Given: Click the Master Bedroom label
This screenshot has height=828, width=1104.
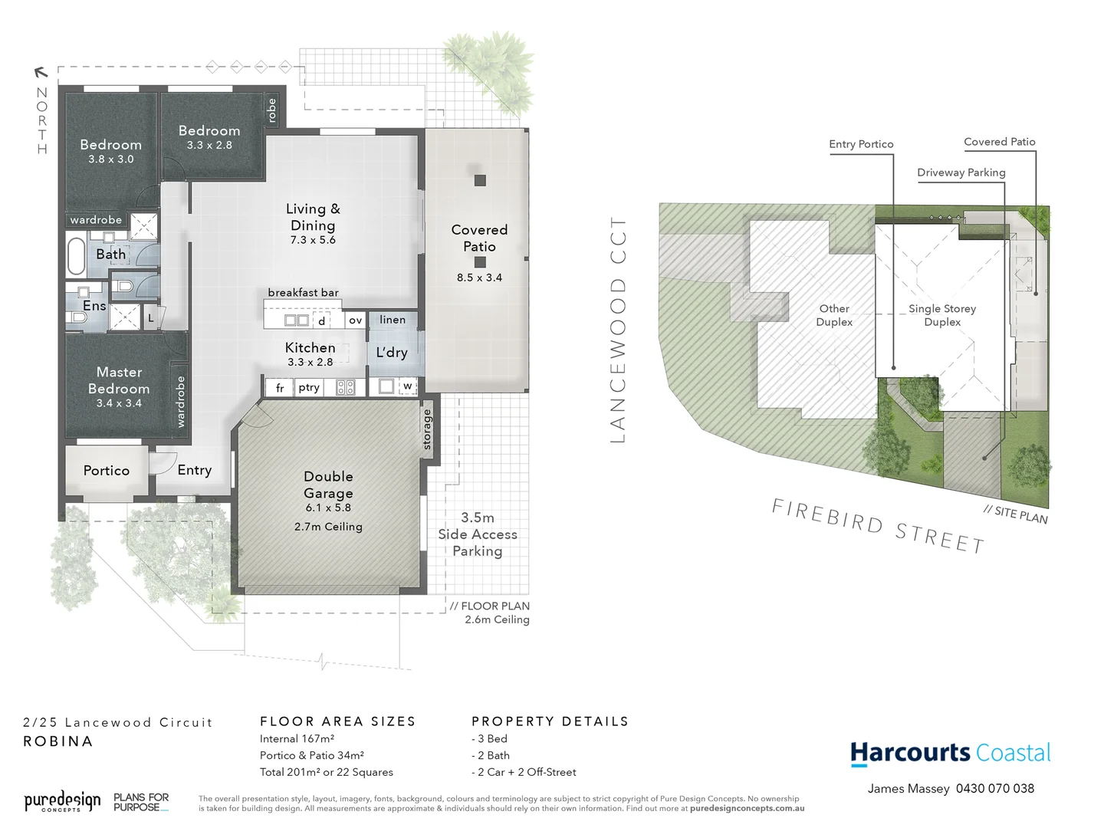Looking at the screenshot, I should [119, 380].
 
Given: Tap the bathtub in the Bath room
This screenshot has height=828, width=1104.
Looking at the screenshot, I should [76, 256].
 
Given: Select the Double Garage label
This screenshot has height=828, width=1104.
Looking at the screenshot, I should [328, 485].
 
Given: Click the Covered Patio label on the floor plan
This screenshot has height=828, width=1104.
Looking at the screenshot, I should [479, 238].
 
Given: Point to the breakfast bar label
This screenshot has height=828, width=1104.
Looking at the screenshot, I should [303, 293].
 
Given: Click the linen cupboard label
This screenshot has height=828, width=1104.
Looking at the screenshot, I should [393, 320].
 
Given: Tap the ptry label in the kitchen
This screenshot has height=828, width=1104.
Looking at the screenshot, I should [309, 388].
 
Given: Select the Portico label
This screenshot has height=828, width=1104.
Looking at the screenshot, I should [107, 471].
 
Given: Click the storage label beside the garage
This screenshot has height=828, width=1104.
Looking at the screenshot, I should [427, 430].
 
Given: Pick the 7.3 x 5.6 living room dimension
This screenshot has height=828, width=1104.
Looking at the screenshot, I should [313, 240].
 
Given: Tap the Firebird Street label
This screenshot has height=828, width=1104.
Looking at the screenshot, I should [878, 526].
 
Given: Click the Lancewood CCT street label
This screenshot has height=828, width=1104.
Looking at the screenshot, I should [618, 330].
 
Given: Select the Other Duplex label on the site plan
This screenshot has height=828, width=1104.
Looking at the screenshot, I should [834, 315].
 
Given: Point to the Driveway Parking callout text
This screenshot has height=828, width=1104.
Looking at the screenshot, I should [961, 172].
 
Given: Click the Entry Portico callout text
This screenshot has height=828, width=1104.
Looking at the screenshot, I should [861, 144].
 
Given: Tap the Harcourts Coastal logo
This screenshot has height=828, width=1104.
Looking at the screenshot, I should [950, 753].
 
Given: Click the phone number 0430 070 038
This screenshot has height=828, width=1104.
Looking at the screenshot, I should [994, 788].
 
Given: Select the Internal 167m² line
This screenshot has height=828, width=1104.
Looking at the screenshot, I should [297, 739].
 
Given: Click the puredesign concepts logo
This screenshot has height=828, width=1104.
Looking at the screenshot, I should [62, 802].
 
